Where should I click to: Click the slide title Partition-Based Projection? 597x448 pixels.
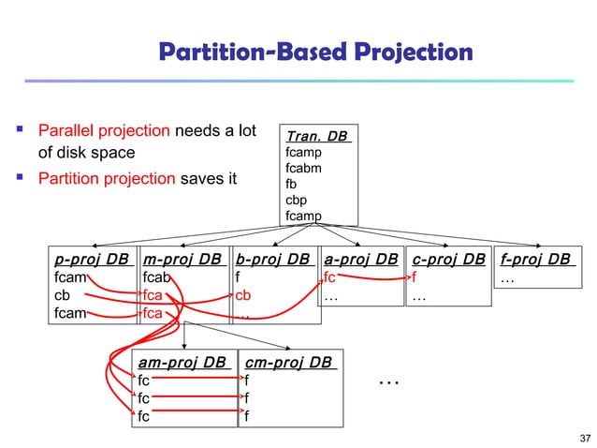[x=314, y=52]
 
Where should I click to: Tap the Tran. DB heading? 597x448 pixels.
[x=318, y=137]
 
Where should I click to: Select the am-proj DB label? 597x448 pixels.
[x=182, y=362]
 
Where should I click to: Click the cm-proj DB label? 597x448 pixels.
[x=287, y=362]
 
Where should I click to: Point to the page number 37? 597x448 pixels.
[x=586, y=438]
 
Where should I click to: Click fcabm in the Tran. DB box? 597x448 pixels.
[x=305, y=169]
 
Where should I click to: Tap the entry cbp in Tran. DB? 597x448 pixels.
[x=297, y=199]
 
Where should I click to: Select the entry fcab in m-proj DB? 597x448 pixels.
[x=156, y=276]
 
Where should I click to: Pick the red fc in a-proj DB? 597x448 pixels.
[x=329, y=276]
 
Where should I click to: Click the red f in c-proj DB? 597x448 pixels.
[x=414, y=276]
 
